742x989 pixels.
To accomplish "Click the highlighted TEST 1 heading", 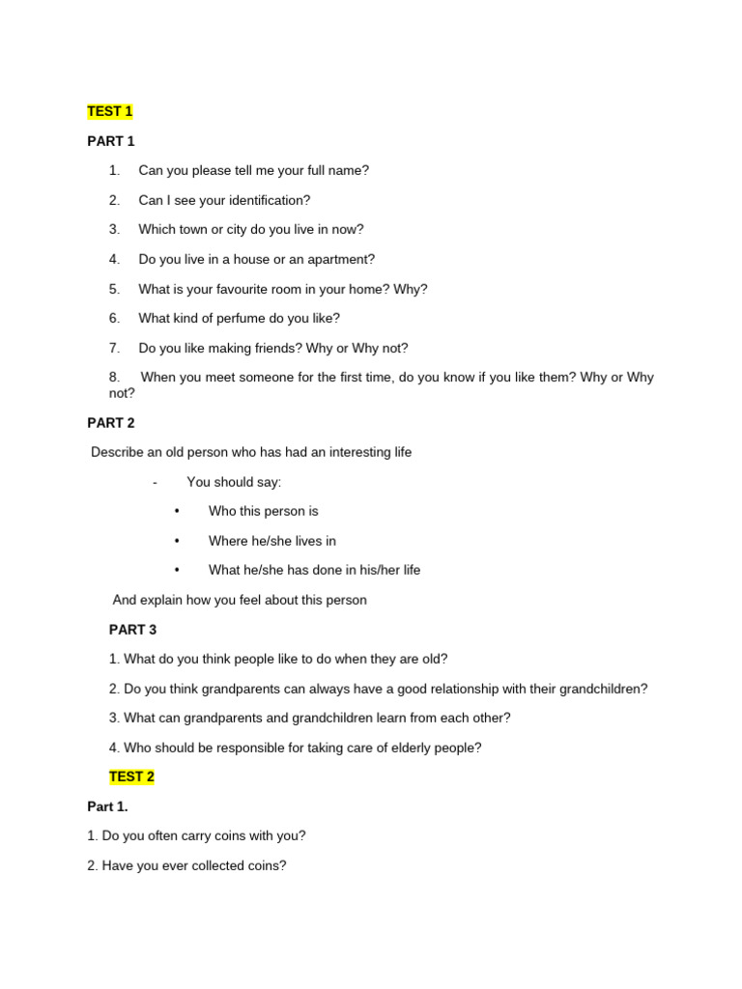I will click(110, 112).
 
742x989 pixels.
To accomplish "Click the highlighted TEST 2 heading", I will click(131, 777).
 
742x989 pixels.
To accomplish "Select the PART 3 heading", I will click(132, 630).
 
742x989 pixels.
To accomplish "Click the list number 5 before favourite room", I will click(114, 289).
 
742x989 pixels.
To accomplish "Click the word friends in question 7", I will click(275, 348).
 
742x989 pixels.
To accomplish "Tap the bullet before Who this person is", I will click(177, 511).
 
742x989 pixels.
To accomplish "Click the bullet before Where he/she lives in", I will click(177, 541).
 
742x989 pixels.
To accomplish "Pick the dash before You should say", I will click(155, 482).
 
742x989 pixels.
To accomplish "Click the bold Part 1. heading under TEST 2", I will click(107, 806).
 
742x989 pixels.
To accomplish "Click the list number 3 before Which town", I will click(114, 230).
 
